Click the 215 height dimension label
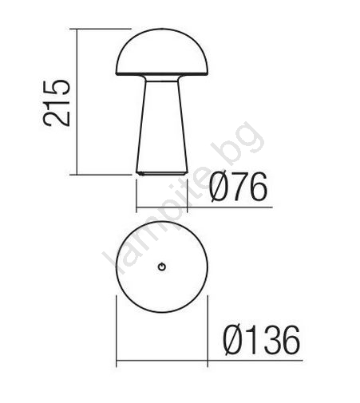click(x=57, y=103)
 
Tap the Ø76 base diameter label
click(x=238, y=187)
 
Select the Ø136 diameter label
click(x=262, y=340)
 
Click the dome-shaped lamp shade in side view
click(x=162, y=52)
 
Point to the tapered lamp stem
click(x=162, y=126)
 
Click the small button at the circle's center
click(x=162, y=267)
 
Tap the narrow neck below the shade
click(x=162, y=78)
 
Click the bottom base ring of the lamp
click(x=162, y=173)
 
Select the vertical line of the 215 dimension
click(x=77, y=101)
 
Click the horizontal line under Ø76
click(x=204, y=207)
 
